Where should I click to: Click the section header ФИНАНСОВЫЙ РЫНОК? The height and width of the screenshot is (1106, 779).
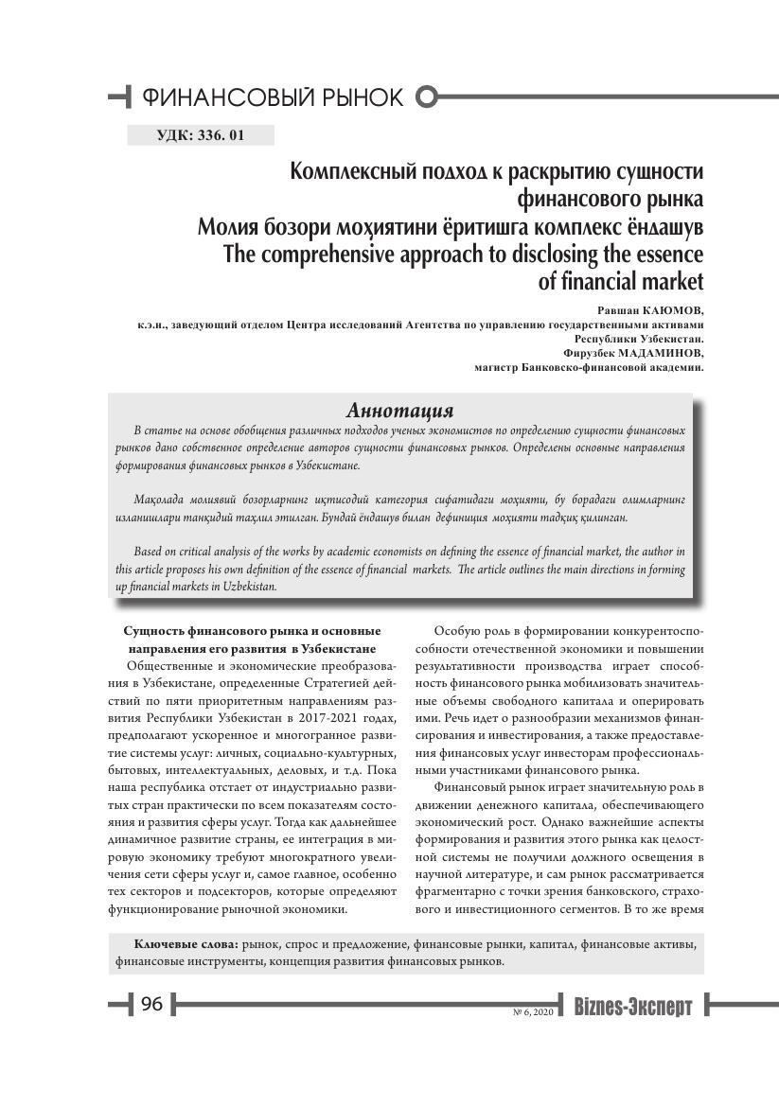pos(272,97)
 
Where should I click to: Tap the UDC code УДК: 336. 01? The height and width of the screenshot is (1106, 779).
pos(200,135)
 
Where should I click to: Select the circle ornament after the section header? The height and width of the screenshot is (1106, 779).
pos(428,97)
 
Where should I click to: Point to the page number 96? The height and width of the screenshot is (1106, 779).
pos(152,1005)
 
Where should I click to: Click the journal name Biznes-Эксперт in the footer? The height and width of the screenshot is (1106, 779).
pos(632,1007)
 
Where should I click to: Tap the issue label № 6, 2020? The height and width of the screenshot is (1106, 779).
pos(532,1012)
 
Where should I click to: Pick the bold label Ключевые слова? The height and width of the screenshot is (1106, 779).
pos(186,944)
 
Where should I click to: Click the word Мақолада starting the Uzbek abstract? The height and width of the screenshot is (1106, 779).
pos(163,498)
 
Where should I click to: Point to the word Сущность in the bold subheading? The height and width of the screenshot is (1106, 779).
pos(154,631)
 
